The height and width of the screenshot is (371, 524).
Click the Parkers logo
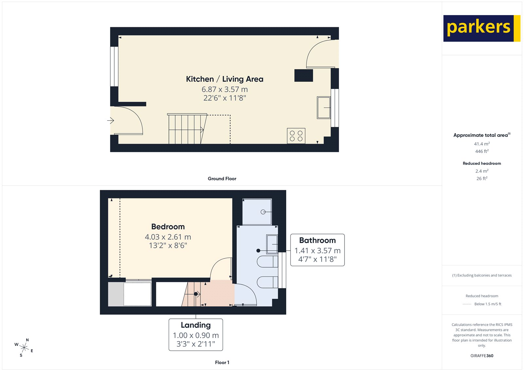(481, 28)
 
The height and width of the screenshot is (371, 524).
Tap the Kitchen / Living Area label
(224, 79)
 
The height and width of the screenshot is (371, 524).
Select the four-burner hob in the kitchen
(296, 136)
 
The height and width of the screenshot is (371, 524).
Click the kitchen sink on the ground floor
(324, 107)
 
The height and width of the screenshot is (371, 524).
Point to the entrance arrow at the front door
(111, 121)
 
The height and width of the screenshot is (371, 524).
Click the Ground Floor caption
(222, 179)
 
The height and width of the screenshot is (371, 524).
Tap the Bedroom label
(168, 227)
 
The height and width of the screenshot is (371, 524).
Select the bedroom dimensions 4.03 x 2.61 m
(168, 237)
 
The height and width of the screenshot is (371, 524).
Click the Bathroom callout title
(317, 240)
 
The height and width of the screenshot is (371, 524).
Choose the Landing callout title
(196, 325)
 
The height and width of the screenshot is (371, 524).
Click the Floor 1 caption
(222, 362)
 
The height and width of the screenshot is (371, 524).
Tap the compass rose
(24, 347)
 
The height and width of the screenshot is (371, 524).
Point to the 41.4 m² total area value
(482, 144)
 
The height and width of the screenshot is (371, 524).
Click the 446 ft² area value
(482, 151)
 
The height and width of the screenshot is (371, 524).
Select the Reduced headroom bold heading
(482, 163)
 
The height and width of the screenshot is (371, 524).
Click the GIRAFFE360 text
(482, 356)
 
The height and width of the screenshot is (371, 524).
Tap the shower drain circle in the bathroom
(263, 212)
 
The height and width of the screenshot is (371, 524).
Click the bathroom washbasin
(272, 244)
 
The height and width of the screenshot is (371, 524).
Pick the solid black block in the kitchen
(304, 75)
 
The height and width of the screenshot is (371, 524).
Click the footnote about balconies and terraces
(482, 275)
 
